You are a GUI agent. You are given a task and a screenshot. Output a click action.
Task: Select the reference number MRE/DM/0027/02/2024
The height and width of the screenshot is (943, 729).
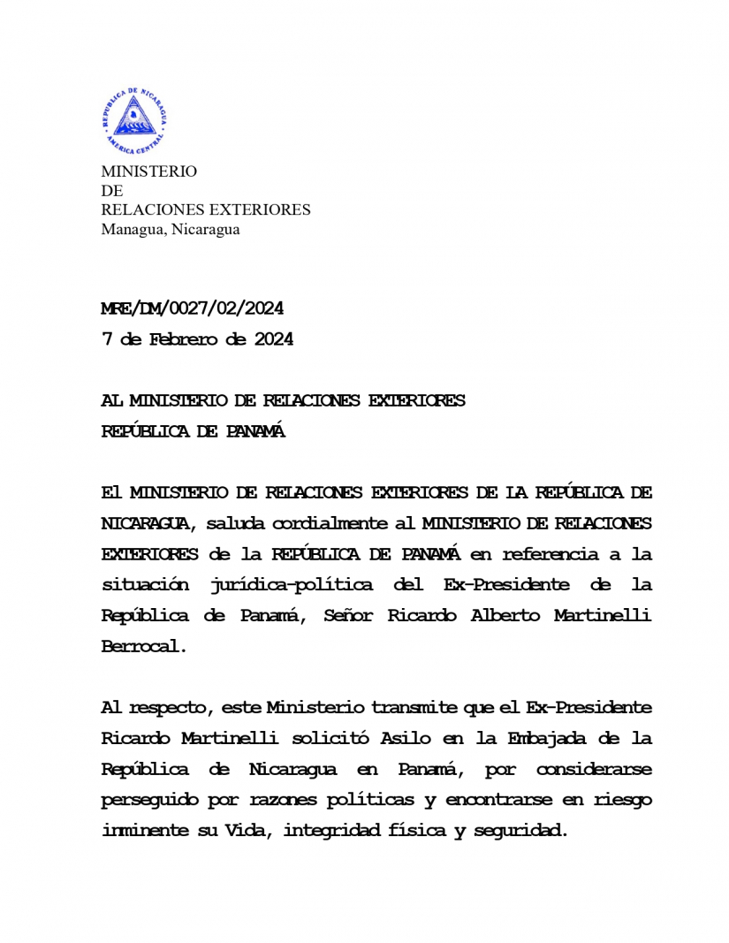point(192,308)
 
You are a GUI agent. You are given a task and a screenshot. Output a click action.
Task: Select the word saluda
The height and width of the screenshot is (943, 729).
point(237,523)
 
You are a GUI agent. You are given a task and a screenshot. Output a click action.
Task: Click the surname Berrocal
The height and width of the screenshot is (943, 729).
point(144,646)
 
